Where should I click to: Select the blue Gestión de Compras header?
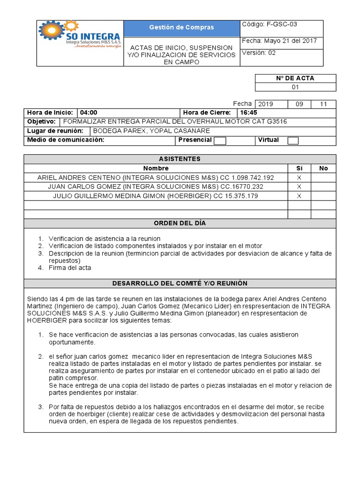click(181, 28)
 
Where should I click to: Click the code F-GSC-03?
click(281, 24)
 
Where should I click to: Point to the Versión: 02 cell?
click(259, 53)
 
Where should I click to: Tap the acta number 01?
click(295, 87)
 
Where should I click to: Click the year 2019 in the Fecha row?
click(265, 104)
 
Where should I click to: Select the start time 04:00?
click(89, 112)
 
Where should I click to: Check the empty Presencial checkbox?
click(220, 141)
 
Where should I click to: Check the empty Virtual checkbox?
click(293, 141)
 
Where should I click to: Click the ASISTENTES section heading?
click(180, 159)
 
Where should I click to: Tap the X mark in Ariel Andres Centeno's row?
click(299, 178)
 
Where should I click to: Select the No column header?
click(323, 168)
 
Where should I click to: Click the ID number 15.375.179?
click(242, 196)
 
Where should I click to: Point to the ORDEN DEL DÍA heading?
click(180, 223)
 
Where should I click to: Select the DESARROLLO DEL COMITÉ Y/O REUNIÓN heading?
click(180, 283)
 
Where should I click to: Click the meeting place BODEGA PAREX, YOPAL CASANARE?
click(151, 131)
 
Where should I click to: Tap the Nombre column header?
click(156, 168)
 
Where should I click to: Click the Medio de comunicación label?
click(66, 140)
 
